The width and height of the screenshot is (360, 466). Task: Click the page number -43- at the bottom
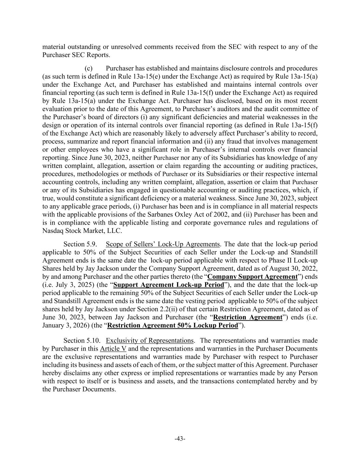(180, 439)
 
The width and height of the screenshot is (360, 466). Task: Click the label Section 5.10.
(81, 341)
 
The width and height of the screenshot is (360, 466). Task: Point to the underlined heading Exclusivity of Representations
(150, 341)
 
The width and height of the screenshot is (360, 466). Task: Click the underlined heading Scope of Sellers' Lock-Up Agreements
(163, 244)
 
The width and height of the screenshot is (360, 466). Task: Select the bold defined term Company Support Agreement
(252, 277)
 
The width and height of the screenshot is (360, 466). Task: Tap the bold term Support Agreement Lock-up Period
(169, 285)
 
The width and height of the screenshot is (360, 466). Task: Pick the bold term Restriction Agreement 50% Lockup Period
(172, 325)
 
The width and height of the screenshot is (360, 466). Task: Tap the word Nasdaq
(53, 231)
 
